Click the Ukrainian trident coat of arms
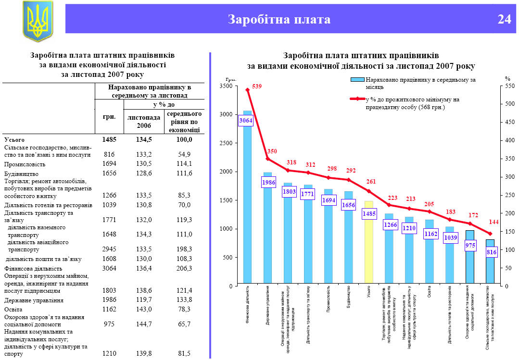click(x=38, y=21)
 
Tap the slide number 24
click(x=504, y=19)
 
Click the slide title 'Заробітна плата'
click(x=279, y=19)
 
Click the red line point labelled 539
click(x=247, y=89)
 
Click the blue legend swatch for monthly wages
click(x=358, y=80)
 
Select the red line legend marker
click(x=357, y=99)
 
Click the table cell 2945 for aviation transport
click(x=110, y=249)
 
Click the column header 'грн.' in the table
click(x=110, y=117)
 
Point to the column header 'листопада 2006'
click(x=143, y=121)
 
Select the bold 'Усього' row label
click(x=14, y=139)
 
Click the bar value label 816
click(x=491, y=252)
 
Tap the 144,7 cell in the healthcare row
click(x=144, y=324)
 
